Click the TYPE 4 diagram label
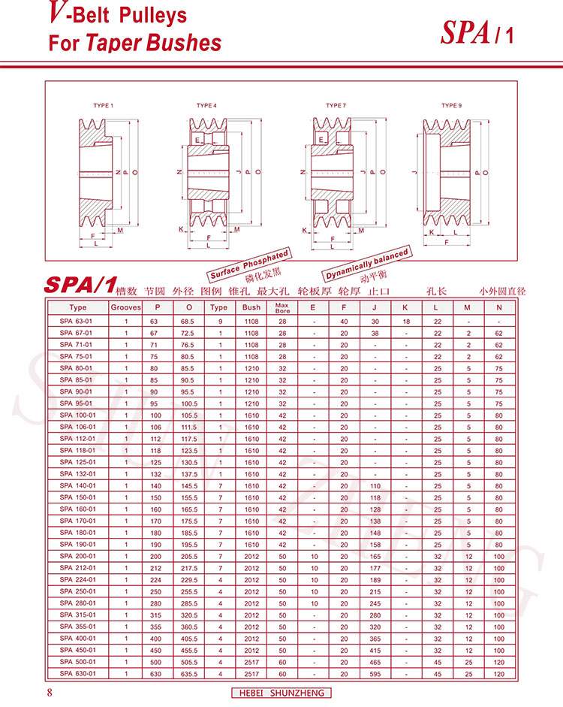pos(206,105)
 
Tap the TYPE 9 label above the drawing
pos(451,105)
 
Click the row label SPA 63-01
pos(76,321)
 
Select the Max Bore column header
pos(282,308)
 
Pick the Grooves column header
pos(125,307)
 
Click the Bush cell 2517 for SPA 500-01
pos(251,663)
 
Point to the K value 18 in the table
pos(406,322)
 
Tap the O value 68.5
pos(188,322)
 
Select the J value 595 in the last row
pos(375,674)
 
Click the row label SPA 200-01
pos(77,556)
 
